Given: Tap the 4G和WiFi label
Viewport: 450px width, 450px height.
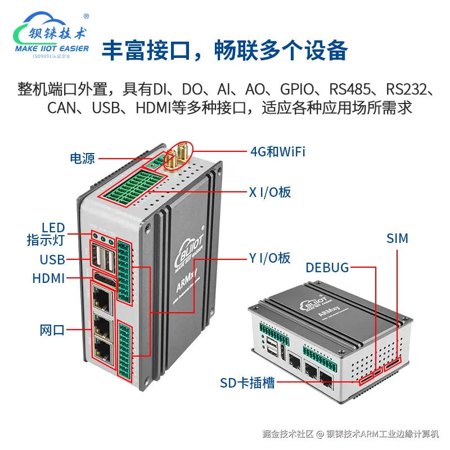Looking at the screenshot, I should coord(277,151).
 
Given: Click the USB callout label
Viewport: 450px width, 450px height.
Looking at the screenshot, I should coord(52,259).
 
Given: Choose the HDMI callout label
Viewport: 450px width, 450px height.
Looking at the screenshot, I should coord(48,278).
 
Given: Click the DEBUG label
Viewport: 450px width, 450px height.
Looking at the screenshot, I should coord(327,267).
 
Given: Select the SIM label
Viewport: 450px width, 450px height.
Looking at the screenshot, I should coord(397,238).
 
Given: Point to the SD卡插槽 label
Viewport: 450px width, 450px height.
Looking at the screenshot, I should coord(247,384).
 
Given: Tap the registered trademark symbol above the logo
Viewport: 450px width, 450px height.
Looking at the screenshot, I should coord(85,16).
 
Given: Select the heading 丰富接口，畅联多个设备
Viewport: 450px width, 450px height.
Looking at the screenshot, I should coord(224,51).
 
